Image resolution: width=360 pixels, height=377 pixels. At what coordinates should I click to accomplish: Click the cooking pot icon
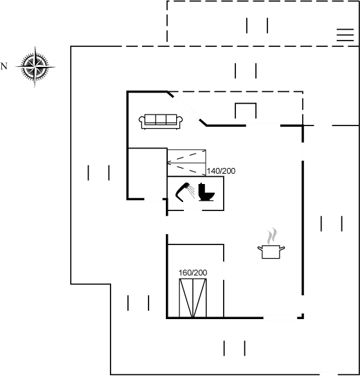(272, 251)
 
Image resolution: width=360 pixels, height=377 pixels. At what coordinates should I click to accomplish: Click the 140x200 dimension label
(221, 170)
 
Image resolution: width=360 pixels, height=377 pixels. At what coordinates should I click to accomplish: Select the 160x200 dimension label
(193, 273)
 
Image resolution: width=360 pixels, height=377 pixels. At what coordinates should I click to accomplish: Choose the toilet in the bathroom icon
(208, 194)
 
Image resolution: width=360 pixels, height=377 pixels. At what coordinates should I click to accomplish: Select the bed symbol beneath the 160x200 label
(194, 299)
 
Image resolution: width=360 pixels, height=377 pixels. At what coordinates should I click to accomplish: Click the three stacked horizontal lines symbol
(341, 33)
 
